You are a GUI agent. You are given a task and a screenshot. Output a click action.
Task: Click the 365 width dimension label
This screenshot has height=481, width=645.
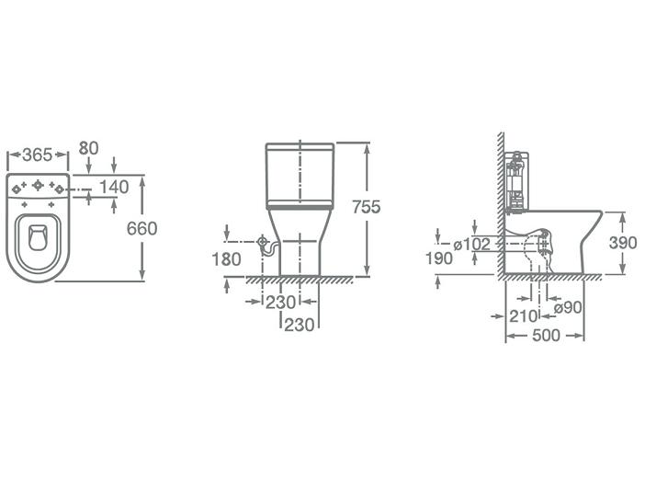[38, 155]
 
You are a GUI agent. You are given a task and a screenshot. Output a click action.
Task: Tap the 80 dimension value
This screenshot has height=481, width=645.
[88, 148]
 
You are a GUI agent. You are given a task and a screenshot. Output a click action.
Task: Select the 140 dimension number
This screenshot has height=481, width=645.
[114, 187]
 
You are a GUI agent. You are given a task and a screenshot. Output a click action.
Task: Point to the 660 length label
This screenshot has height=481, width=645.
[141, 229]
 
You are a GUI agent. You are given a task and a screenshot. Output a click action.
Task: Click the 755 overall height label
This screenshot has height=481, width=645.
[367, 207]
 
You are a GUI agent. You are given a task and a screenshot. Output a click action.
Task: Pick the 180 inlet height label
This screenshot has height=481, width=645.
[226, 259]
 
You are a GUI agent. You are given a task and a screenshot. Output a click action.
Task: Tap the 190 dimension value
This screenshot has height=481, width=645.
[439, 258]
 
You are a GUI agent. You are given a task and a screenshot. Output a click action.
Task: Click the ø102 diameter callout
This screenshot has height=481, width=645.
[472, 245]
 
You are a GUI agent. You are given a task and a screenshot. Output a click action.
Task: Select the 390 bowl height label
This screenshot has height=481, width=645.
[623, 243]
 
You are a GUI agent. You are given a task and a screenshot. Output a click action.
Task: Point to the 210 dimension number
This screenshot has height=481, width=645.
[524, 316]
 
